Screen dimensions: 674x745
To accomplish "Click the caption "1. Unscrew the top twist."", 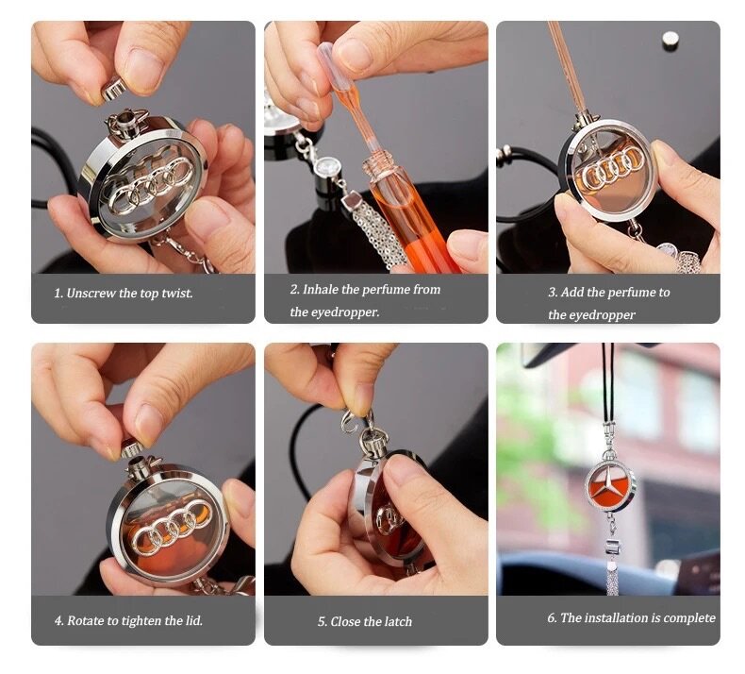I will click(123, 294).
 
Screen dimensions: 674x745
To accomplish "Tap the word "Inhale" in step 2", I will click(323, 290).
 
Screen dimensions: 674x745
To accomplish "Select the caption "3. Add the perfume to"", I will click(608, 293).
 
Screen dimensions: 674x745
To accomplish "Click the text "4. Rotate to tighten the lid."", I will click(128, 621).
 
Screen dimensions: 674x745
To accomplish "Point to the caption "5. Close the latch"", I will click(364, 622).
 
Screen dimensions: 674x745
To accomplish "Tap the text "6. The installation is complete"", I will click(631, 618).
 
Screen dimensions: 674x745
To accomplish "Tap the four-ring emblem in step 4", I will click(171, 525).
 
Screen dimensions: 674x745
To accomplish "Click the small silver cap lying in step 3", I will click(670, 39).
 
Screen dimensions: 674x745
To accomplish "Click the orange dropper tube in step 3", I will click(569, 66).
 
